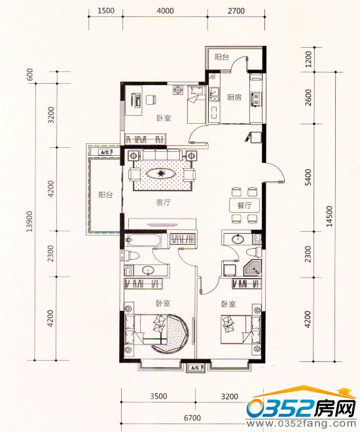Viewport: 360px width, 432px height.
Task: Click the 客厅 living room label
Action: (x=163, y=203)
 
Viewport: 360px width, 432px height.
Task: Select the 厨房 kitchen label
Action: (x=234, y=98)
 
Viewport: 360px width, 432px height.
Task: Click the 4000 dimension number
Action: (x=166, y=10)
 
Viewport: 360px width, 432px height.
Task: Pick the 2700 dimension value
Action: (x=236, y=10)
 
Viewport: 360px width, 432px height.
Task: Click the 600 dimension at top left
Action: (x=29, y=75)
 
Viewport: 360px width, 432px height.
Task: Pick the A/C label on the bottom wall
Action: (x=194, y=369)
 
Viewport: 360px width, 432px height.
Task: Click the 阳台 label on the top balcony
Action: (x=222, y=58)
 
